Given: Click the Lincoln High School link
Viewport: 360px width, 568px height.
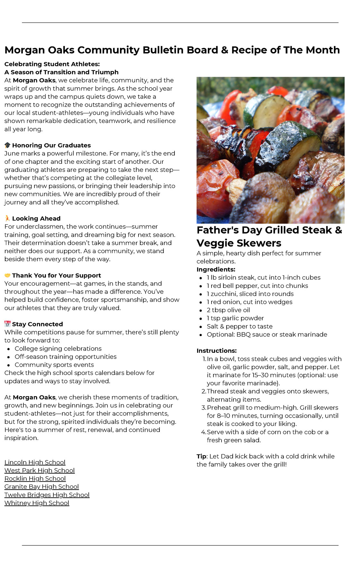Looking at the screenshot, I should (x=35, y=462).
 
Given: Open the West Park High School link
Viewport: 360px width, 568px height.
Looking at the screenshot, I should (x=40, y=470).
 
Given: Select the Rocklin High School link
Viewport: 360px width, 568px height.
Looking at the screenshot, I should (x=35, y=478).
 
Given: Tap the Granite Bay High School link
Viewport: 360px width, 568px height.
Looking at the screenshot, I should (x=41, y=487).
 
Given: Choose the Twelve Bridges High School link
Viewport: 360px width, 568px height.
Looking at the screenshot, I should (x=47, y=495).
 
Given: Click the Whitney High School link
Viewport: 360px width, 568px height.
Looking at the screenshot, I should (x=37, y=503).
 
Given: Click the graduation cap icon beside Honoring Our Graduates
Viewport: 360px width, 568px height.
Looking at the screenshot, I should (x=7, y=145).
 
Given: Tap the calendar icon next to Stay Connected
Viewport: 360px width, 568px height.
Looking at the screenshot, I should (x=7, y=324).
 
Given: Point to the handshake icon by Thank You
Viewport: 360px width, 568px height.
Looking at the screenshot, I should (x=7, y=275).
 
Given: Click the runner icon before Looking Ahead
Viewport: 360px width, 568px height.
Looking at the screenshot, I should (x=7, y=218).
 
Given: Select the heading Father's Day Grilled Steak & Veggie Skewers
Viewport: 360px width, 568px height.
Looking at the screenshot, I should (x=269, y=236).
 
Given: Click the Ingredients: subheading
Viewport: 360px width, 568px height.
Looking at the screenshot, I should (x=216, y=269).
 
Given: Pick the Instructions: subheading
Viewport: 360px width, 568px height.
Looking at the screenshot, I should (x=216, y=351).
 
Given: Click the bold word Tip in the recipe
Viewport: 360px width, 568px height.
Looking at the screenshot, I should (x=201, y=456).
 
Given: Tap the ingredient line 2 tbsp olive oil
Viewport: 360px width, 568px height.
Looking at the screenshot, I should (x=228, y=310).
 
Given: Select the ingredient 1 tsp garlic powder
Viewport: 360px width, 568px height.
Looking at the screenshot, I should (x=235, y=318).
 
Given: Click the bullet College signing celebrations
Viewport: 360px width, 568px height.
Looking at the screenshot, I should (x=58, y=349).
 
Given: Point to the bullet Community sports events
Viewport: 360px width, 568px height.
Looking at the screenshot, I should (x=54, y=365).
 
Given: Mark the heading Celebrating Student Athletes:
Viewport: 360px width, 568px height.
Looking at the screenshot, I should (x=52, y=64).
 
